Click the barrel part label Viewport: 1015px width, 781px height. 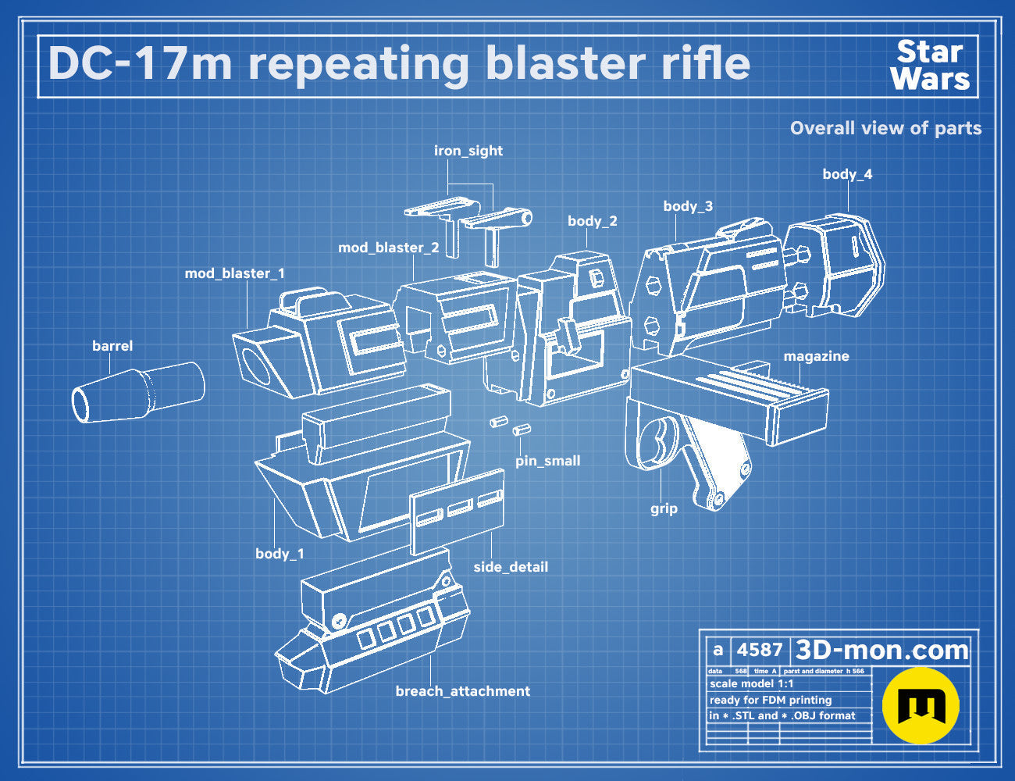(112, 346)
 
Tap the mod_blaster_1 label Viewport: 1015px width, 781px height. (234, 273)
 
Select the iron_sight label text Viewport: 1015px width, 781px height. (468, 151)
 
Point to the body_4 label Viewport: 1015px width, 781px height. (847, 174)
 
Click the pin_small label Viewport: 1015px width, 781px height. (547, 461)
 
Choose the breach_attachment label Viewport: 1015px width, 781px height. (463, 691)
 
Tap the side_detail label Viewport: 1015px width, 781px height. (511, 567)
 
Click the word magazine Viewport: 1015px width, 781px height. (816, 356)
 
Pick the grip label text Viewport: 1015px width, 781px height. (664, 508)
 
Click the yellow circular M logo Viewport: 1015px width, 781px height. (921, 705)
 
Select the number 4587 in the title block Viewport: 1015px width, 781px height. (759, 650)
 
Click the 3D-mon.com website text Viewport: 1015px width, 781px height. (881, 650)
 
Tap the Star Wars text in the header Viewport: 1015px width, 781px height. (930, 66)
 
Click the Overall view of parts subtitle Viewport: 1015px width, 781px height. (885, 128)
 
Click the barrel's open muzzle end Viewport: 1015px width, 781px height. (80, 405)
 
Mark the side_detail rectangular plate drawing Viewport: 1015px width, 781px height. (458, 512)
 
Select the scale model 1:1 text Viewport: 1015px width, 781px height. (752, 684)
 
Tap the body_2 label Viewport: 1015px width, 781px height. (593, 221)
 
